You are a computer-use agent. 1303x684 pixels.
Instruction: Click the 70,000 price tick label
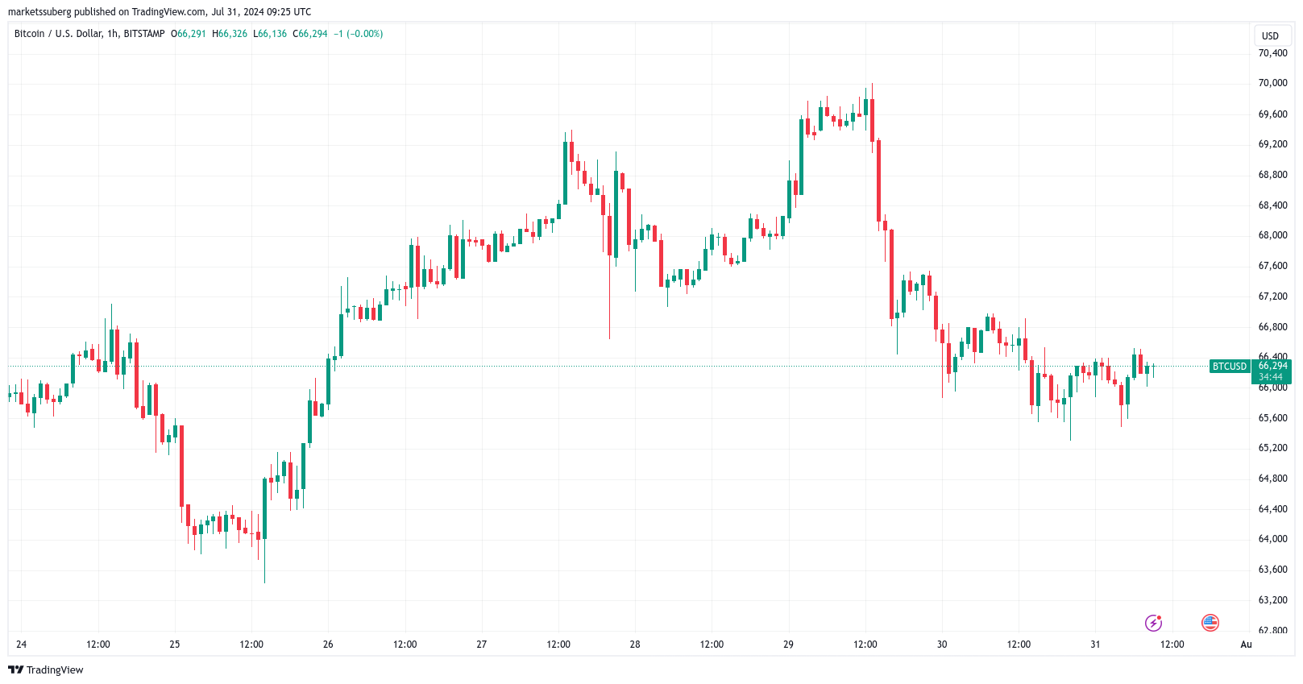point(1272,83)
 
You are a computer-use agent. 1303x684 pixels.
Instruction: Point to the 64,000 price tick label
point(1272,539)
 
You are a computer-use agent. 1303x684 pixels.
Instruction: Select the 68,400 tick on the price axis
point(1272,205)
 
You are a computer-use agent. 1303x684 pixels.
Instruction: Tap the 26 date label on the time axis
point(328,645)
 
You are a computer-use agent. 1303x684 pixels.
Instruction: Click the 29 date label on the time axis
point(788,645)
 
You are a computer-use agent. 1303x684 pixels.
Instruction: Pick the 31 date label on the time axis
point(1095,645)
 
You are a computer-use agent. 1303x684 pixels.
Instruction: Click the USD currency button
point(1270,36)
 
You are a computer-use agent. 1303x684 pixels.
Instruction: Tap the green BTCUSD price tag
point(1229,367)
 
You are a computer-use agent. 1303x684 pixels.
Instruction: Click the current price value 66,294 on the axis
point(1273,366)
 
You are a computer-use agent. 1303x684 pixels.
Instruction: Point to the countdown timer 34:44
point(1271,377)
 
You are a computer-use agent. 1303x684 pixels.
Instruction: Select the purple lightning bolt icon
point(1153,623)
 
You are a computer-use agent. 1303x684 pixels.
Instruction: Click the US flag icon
point(1210,622)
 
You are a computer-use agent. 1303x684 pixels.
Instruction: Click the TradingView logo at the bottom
point(46,670)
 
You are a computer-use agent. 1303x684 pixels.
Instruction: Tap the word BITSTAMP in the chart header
point(144,34)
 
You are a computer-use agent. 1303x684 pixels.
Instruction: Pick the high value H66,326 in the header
point(230,34)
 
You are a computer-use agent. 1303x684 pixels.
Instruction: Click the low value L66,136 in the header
point(270,34)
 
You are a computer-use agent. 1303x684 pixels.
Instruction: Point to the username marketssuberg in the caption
point(39,12)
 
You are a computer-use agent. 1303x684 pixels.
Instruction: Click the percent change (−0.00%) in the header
point(364,34)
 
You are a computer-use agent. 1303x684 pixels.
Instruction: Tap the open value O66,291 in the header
point(189,34)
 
